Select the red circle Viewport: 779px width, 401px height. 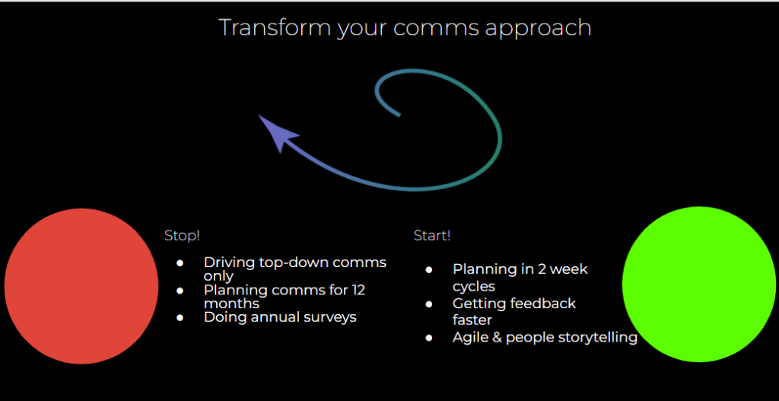(81, 286)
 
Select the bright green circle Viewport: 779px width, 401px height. (699, 284)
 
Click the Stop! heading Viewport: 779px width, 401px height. (182, 236)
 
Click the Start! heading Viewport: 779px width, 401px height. (432, 236)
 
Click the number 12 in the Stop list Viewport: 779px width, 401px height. (358, 290)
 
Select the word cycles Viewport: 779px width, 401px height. (474, 286)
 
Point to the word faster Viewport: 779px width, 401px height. (472, 320)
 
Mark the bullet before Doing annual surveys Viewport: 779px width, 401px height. (180, 317)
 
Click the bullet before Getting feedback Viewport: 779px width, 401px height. (429, 304)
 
